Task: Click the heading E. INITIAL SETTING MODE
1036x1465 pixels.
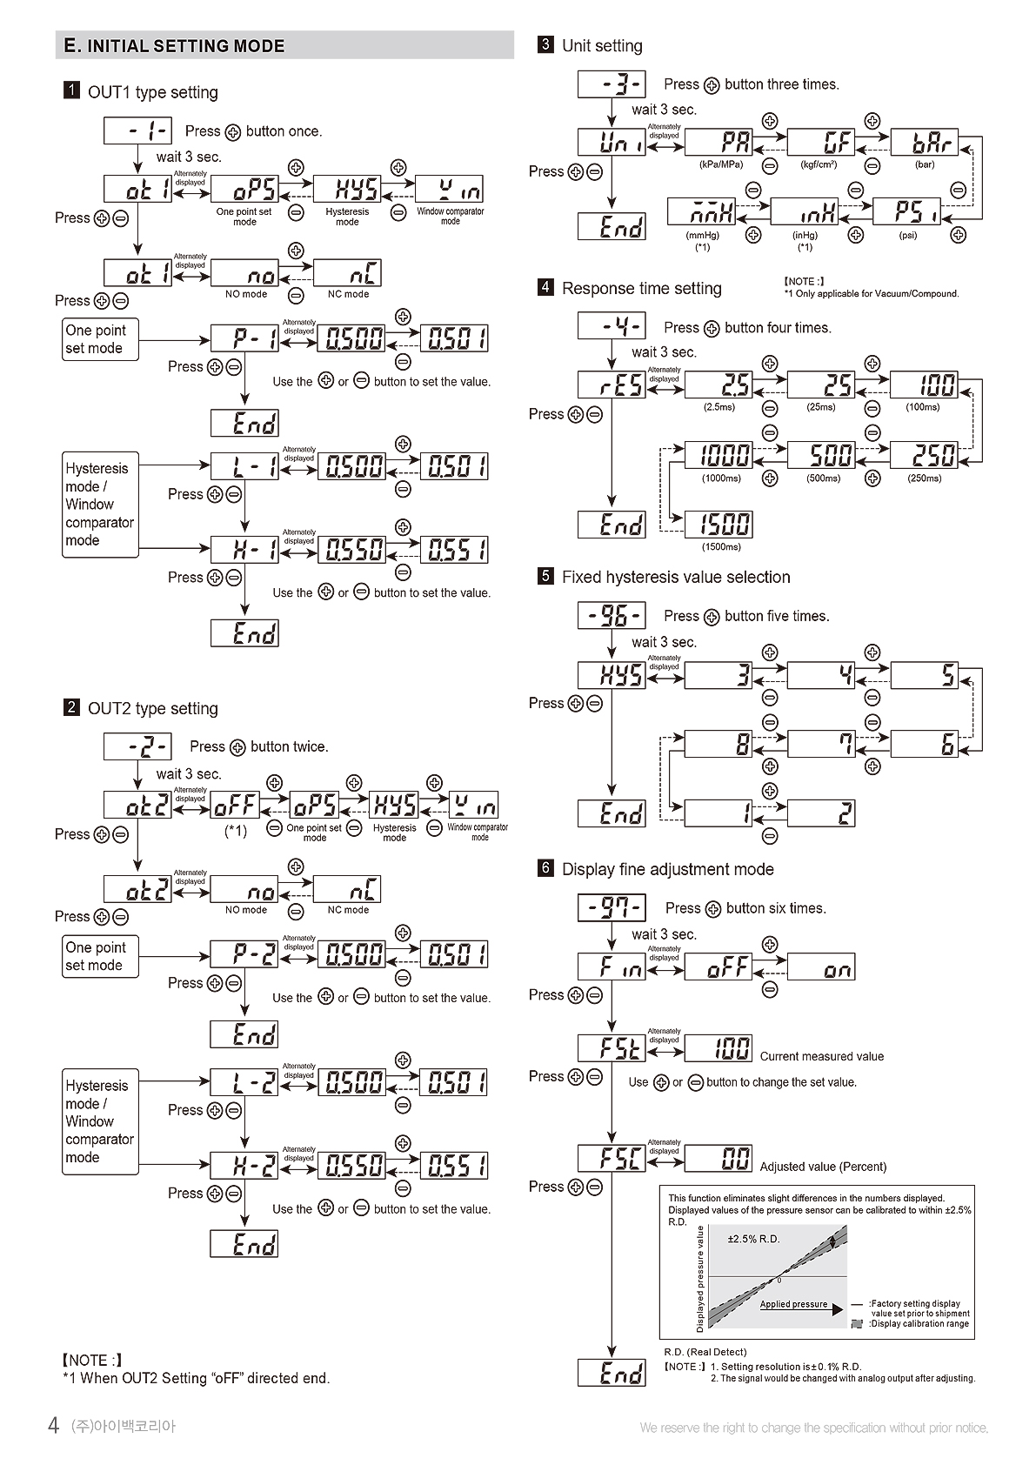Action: click(x=175, y=46)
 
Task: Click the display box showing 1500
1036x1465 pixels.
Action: click(x=719, y=524)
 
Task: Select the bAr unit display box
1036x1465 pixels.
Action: click(x=924, y=142)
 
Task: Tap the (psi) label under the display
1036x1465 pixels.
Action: click(x=908, y=235)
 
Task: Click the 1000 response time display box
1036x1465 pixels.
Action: click(x=719, y=454)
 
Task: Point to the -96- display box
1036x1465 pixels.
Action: click(x=612, y=616)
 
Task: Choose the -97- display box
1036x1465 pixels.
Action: click(x=612, y=908)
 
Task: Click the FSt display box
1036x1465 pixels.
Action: click(x=612, y=1048)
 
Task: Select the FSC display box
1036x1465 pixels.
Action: click(x=612, y=1158)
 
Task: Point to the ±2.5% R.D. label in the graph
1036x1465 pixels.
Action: click(x=753, y=1239)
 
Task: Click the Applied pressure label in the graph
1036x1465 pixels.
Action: click(x=793, y=1304)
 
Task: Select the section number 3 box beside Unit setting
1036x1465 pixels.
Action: click(x=545, y=44)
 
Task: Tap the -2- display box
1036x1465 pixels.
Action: click(x=137, y=746)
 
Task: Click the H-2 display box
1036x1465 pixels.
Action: click(x=244, y=1166)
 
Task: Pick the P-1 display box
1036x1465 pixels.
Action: click(x=244, y=338)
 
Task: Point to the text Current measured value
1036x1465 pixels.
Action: click(x=821, y=1056)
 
